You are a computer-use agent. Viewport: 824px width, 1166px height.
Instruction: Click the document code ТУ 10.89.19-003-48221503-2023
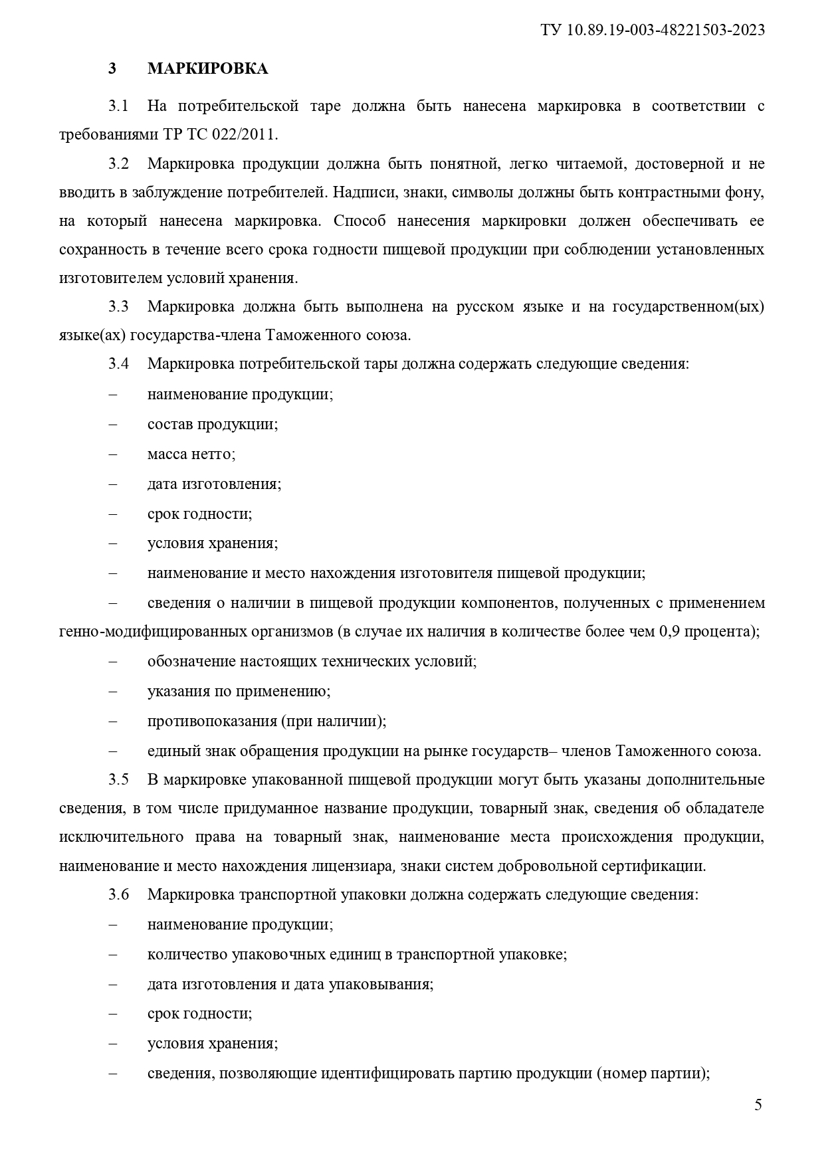click(653, 30)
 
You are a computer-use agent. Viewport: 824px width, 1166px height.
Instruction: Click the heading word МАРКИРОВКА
click(207, 69)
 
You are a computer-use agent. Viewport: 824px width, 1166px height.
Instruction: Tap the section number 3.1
click(118, 106)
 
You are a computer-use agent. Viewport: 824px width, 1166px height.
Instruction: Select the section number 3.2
click(118, 163)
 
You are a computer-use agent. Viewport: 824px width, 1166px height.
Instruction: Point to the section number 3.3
click(118, 306)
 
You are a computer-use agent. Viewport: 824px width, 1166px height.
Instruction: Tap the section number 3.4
click(118, 363)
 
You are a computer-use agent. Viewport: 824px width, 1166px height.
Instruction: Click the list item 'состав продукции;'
click(213, 424)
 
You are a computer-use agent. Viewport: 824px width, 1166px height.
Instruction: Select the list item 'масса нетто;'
click(191, 454)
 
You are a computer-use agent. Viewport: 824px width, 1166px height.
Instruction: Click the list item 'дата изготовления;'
click(214, 484)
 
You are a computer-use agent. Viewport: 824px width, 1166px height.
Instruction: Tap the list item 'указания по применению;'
click(239, 691)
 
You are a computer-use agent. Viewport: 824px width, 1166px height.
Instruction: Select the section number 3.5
click(118, 779)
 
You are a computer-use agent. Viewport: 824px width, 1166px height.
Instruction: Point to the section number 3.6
click(118, 894)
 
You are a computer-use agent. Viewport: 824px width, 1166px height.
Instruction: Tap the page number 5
click(758, 1105)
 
